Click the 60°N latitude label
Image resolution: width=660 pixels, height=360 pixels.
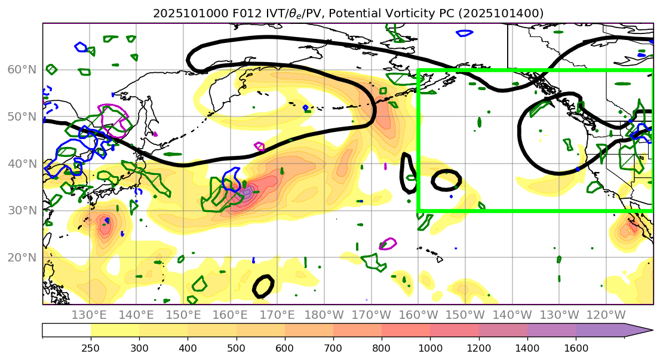(22, 70)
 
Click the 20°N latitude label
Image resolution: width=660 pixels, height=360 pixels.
(22, 258)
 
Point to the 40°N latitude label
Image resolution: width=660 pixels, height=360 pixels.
(22, 164)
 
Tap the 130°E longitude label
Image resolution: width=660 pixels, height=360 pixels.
(90, 315)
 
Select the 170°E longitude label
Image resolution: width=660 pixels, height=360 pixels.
(277, 315)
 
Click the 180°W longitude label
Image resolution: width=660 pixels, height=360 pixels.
(324, 315)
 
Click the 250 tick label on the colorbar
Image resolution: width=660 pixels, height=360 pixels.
(91, 347)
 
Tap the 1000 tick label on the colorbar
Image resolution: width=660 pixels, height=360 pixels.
(429, 347)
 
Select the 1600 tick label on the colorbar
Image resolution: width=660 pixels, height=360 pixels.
(576, 347)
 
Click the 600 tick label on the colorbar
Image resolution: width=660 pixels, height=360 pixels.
(285, 347)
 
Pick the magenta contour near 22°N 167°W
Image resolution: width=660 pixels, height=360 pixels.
(388, 244)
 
